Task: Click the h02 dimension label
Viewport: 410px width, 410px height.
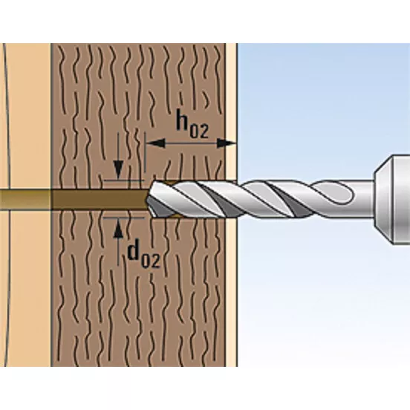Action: click(192, 124)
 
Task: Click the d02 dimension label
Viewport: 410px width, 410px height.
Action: click(143, 256)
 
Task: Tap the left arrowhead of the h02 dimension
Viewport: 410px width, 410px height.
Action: click(155, 143)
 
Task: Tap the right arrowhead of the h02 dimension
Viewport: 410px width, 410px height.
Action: click(227, 143)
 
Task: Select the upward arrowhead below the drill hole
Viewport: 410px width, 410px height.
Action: click(118, 228)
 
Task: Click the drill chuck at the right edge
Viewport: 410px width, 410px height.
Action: click(392, 200)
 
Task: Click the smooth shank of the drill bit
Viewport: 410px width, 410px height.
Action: click(363, 199)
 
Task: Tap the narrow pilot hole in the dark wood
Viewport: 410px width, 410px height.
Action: click(100, 199)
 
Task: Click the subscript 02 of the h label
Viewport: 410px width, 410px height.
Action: click(199, 131)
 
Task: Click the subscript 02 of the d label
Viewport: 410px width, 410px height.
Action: click(150, 261)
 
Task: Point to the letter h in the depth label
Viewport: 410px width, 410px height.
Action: click(183, 120)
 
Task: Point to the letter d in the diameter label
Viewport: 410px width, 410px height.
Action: click(134, 252)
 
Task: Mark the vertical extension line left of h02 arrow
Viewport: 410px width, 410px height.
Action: click(145, 152)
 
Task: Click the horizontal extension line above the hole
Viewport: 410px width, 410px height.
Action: click(124, 180)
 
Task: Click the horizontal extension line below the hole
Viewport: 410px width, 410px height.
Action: click(124, 218)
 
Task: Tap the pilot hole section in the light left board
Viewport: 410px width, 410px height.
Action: click(25, 199)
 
